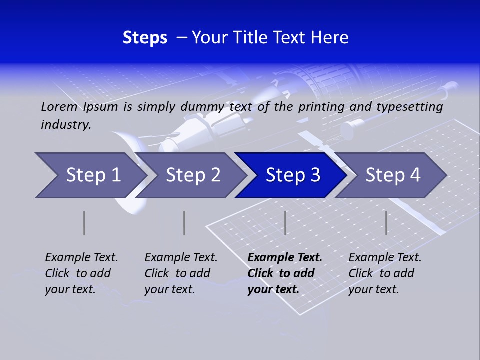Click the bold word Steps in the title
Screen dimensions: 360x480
pyautogui.click(x=145, y=38)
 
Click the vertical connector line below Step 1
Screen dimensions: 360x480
pyautogui.click(x=84, y=223)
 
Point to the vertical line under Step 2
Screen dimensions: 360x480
pyautogui.click(x=184, y=223)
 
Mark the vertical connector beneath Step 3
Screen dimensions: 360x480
pyautogui.click(x=285, y=223)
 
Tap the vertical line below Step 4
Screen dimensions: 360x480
pyautogui.click(x=386, y=223)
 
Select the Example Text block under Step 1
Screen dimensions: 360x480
pyautogui.click(x=81, y=273)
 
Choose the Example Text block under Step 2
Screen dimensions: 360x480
pyautogui.click(x=181, y=273)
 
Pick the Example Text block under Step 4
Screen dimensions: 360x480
pyautogui.click(x=385, y=273)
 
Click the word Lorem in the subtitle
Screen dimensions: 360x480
pyautogui.click(x=59, y=106)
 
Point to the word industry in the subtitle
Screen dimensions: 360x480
pyautogui.click(x=65, y=125)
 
